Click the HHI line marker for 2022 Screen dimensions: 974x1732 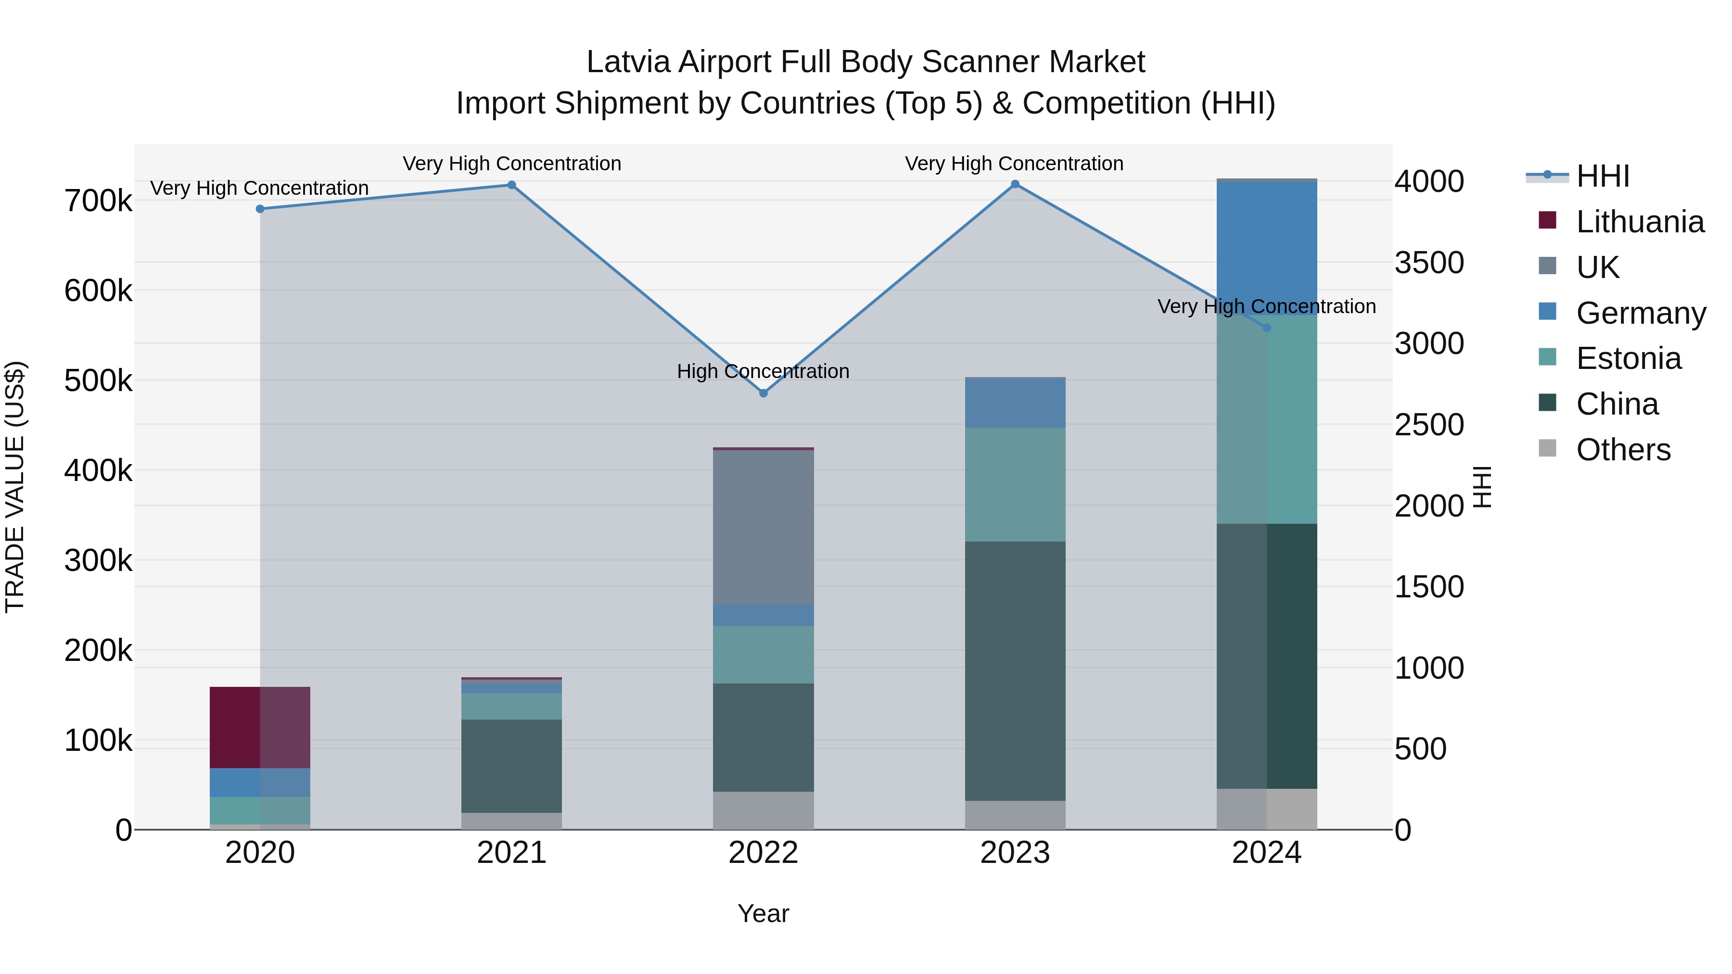pos(763,393)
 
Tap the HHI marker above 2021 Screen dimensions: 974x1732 pos(512,185)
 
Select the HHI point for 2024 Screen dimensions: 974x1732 pos(1267,328)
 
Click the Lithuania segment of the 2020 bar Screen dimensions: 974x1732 pos(260,727)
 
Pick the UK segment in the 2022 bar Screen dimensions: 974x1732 pos(763,528)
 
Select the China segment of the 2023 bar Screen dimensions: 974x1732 pos(1015,671)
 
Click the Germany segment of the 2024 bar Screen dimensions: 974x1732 pos(1267,247)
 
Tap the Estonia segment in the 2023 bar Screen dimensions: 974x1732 pos(1015,485)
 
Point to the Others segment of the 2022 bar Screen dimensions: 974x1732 pos(763,810)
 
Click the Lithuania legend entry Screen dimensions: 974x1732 pos(1639,222)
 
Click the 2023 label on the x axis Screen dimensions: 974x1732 pos(1015,853)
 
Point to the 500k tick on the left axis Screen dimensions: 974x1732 pos(98,380)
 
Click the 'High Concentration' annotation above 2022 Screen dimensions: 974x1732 pos(763,371)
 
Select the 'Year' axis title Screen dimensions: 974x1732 pos(763,913)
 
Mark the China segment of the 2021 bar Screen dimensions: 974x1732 pos(512,766)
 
